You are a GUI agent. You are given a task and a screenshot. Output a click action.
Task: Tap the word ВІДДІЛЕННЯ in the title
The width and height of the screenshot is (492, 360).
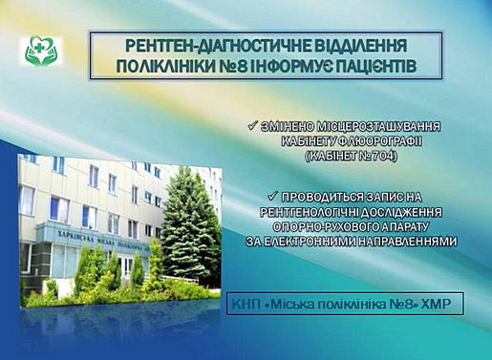click(361, 46)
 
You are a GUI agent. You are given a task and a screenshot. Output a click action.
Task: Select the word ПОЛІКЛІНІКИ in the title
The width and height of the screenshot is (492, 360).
click(164, 67)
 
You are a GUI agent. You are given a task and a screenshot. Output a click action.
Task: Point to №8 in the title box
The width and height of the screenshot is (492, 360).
click(231, 67)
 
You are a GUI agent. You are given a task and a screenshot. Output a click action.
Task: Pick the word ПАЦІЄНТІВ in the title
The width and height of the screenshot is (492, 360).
click(372, 67)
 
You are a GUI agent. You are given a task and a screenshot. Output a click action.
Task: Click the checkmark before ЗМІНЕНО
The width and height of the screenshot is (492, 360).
click(252, 126)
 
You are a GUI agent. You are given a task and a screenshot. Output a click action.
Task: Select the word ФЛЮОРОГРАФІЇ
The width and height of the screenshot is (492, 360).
click(381, 141)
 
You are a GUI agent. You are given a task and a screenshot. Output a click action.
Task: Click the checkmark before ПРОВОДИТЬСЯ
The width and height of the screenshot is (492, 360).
click(273, 197)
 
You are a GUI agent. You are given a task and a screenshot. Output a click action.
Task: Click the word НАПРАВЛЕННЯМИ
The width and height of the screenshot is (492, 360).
click(407, 242)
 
